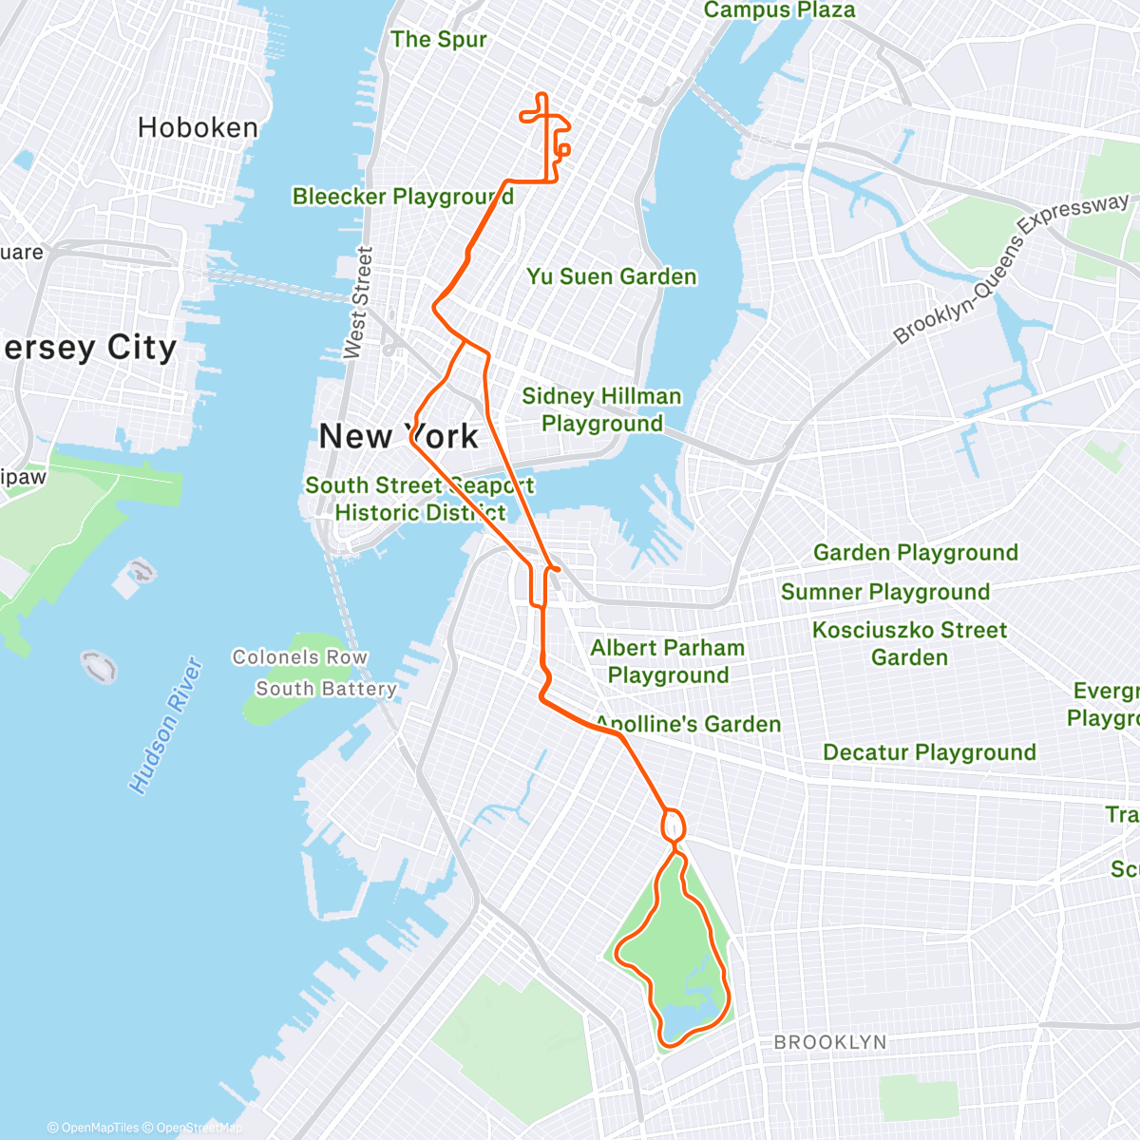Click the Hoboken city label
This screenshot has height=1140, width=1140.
click(x=198, y=127)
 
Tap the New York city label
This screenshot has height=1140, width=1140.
click(x=399, y=436)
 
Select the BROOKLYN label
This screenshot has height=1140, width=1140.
click(x=829, y=1042)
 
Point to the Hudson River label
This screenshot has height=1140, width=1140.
click(x=167, y=726)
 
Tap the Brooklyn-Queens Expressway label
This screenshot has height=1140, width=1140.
click(x=1011, y=268)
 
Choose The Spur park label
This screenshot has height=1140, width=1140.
click(x=438, y=40)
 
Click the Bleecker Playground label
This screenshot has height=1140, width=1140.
click(x=403, y=197)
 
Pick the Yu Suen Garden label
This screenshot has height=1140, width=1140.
click(x=612, y=276)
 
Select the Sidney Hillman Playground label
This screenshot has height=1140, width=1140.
click(x=601, y=409)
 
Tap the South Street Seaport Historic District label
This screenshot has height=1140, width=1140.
click(x=419, y=499)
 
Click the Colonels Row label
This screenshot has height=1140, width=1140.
click(x=299, y=657)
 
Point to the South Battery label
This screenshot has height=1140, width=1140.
click(x=326, y=689)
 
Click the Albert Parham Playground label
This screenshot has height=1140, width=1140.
click(x=668, y=661)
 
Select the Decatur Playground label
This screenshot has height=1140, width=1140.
click(x=929, y=752)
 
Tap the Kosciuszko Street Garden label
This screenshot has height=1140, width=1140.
click(x=909, y=643)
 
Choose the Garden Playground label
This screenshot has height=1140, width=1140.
click(x=915, y=553)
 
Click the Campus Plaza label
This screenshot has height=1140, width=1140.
click(x=779, y=10)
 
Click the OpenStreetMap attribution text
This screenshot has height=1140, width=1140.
click(x=199, y=1128)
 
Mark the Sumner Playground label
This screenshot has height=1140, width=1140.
click(x=884, y=592)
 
